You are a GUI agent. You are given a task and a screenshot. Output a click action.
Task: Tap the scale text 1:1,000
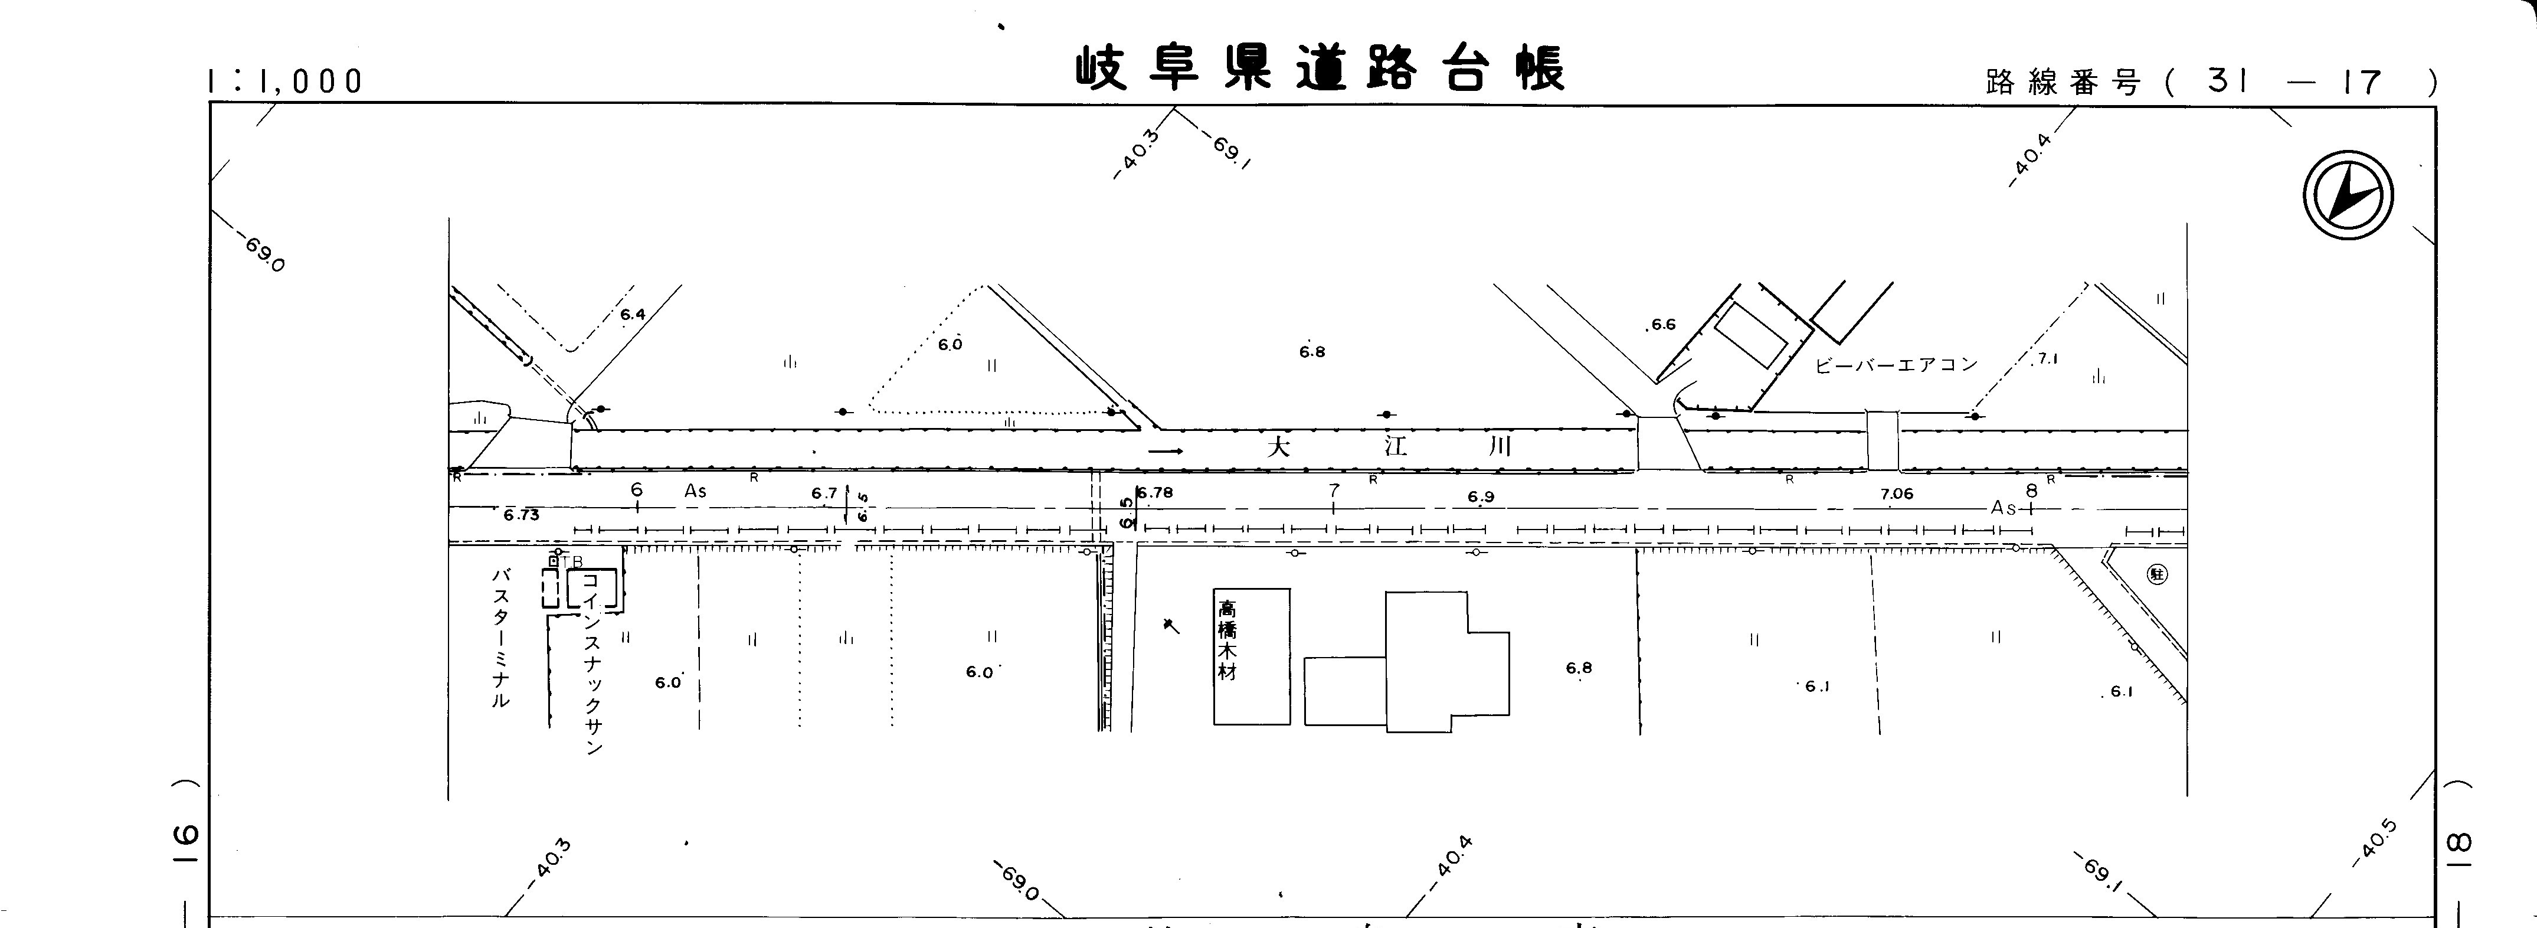286,81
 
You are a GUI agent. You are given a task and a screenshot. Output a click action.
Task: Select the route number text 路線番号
2063,83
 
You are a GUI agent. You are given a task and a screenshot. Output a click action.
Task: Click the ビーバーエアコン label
1896,364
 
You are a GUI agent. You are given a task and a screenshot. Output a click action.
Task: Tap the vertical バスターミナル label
501,638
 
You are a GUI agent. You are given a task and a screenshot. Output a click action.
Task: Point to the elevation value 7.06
1896,494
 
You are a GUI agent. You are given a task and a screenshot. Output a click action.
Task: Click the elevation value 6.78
1155,492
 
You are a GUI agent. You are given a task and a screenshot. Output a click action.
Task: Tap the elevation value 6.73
521,514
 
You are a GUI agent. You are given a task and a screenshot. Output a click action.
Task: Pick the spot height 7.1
2048,360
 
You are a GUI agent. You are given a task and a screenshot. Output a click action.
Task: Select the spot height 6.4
632,314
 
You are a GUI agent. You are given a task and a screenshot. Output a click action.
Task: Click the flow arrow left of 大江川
1165,451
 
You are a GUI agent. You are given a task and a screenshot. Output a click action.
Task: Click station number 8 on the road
2031,491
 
